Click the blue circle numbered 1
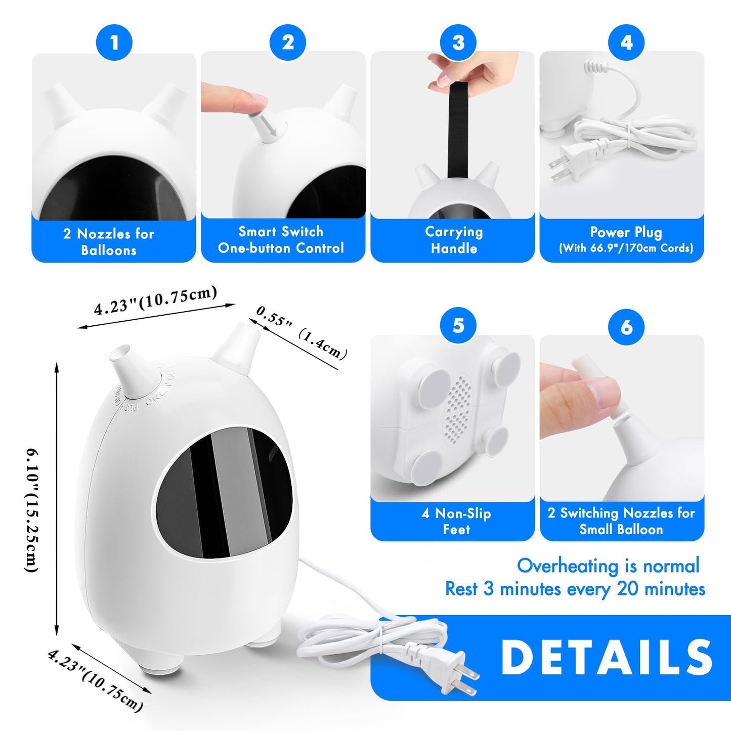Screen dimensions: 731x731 [x=114, y=42]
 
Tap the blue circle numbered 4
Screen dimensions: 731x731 [x=626, y=42]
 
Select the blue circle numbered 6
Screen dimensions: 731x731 [x=626, y=327]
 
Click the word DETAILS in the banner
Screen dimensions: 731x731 [x=607, y=658]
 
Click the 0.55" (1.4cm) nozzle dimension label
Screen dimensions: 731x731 [x=302, y=332]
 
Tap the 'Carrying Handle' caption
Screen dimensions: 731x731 [x=454, y=240]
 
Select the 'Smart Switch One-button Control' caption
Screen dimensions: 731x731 [x=281, y=240]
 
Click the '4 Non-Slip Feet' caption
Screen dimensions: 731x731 [x=456, y=521]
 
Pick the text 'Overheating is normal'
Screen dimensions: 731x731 [x=608, y=566]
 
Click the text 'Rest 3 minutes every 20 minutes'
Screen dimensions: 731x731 [x=575, y=589]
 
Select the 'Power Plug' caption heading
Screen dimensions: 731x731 [x=626, y=232]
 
